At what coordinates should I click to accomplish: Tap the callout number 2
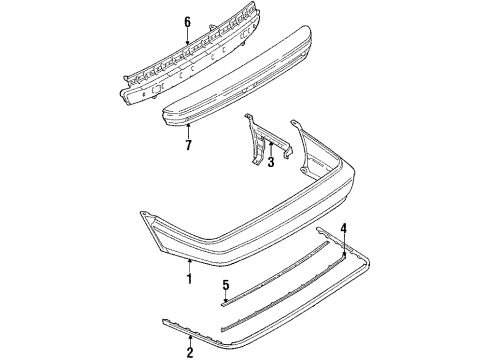(190, 352)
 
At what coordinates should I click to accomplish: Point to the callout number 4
(343, 228)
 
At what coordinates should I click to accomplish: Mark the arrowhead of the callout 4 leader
(343, 256)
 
